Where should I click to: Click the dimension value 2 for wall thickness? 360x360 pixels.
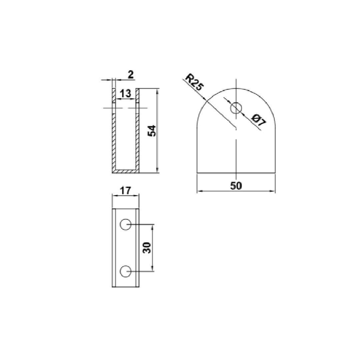(131, 75)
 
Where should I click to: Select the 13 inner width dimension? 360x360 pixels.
(125, 94)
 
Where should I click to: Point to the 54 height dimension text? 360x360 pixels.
(152, 131)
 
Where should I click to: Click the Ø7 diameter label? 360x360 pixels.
(259, 120)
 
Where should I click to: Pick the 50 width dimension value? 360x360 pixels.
(236, 186)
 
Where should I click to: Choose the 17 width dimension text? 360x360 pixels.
(125, 191)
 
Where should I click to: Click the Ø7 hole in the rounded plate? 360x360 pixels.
(236, 108)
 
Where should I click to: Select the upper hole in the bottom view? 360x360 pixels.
(126, 225)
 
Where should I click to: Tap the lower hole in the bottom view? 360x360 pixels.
(126, 271)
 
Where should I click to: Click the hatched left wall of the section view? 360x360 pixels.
(114, 140)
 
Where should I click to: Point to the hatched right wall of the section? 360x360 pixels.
(137, 140)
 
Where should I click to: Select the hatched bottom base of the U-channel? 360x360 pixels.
(125, 171)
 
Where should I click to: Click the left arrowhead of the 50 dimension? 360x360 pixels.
(199, 191)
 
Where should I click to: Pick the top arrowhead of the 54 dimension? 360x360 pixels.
(157, 91)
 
